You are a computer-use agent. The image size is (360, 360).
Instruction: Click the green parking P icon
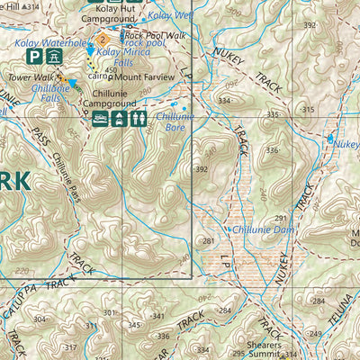point(34,56)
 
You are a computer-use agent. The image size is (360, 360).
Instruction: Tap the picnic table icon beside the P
point(53,56)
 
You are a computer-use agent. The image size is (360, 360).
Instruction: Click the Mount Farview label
point(144,76)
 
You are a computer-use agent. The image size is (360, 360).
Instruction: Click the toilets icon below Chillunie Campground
point(139,118)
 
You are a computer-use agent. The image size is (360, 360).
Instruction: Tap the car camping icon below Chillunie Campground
point(101,118)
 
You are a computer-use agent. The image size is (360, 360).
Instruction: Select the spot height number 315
point(308,109)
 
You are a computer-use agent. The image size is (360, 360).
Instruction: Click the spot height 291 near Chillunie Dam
point(281,218)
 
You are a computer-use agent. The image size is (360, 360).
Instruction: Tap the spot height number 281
point(209,241)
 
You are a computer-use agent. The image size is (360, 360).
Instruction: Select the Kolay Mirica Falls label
point(122,58)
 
